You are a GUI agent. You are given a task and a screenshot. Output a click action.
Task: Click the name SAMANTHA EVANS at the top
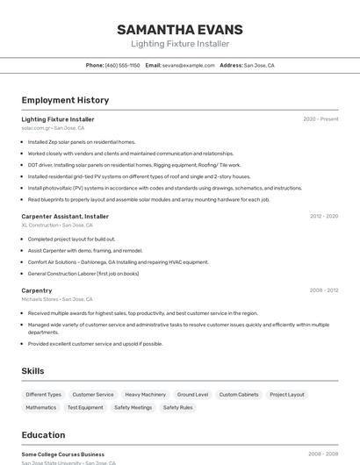(x=180, y=30)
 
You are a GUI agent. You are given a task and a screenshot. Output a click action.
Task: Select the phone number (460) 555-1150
(x=122, y=65)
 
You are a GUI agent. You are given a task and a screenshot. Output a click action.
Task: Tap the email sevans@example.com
(x=188, y=65)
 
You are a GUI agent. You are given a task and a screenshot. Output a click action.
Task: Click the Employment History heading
(x=65, y=100)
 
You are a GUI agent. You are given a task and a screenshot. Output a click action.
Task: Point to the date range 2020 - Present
(x=320, y=119)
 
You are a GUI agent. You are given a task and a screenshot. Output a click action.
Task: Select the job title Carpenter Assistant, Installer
(x=65, y=216)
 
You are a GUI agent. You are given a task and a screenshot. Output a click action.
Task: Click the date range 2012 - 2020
(x=324, y=216)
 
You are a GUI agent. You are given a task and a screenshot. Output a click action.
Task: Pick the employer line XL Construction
(x=57, y=225)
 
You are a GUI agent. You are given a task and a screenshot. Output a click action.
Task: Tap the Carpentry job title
(x=37, y=290)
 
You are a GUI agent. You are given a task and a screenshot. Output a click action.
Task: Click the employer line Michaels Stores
(x=57, y=299)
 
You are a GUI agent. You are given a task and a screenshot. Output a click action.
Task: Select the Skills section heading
(x=33, y=371)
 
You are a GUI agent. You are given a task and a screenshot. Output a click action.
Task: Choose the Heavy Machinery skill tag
(x=145, y=395)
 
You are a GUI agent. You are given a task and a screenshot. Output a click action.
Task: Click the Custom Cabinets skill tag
(x=239, y=395)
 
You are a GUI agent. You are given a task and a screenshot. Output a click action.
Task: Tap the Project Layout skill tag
(x=287, y=395)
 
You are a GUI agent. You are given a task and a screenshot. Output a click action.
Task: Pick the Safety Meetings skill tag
(x=133, y=407)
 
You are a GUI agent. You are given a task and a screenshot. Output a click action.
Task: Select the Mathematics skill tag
(x=41, y=407)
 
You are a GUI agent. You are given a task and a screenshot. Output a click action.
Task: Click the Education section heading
(x=44, y=435)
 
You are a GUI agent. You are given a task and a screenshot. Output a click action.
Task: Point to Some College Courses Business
(x=63, y=454)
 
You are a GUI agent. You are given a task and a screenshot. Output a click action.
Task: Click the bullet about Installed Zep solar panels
(x=82, y=141)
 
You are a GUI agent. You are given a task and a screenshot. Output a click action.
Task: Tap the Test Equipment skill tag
(x=85, y=407)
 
